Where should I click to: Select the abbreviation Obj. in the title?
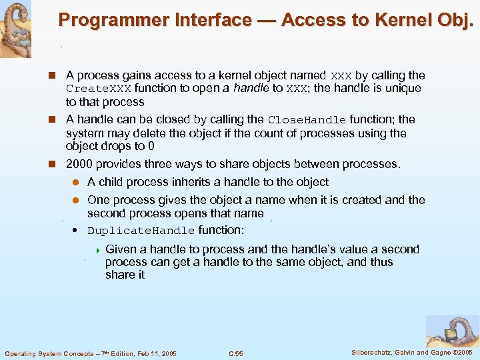point(453,21)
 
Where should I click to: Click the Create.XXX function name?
point(98,89)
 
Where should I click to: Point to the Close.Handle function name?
point(307,120)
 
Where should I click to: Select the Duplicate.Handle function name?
point(141,231)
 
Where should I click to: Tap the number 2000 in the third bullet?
point(79,164)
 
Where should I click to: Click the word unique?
point(403,88)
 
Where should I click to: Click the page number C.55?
point(236,353)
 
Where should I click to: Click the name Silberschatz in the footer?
point(375,352)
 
